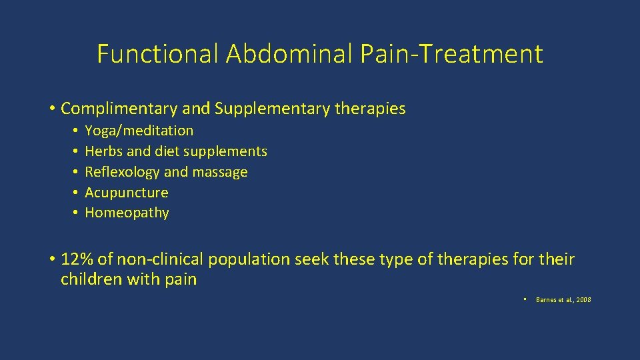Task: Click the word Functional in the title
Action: [157, 54]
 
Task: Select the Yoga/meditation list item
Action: [139, 131]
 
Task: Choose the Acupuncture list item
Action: [127, 193]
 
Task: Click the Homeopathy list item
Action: [127, 213]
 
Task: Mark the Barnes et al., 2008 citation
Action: [563, 300]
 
